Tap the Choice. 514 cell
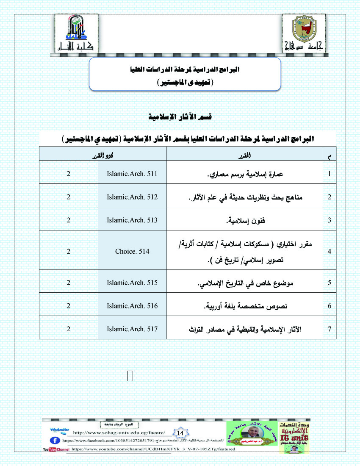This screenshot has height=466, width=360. point(132,251)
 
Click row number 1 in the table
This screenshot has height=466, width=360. point(330,174)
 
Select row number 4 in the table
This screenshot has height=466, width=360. point(330,251)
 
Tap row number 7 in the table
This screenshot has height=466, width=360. point(330,328)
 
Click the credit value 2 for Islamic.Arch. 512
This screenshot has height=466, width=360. point(68,197)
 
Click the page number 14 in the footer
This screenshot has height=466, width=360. point(180,433)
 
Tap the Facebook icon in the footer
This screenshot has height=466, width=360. point(57,440)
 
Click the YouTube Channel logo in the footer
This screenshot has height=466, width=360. point(56,449)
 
